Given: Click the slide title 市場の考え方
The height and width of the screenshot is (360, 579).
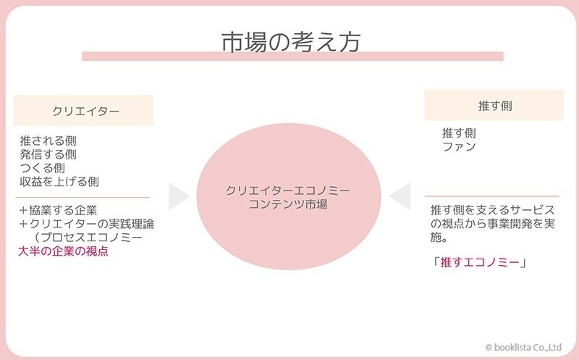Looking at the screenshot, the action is [x=291, y=42].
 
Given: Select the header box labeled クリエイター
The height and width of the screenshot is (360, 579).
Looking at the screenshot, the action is [x=83, y=111].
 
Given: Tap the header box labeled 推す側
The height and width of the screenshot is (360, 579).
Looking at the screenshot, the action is [x=494, y=105].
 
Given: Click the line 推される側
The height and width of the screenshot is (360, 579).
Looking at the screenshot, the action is [x=48, y=141].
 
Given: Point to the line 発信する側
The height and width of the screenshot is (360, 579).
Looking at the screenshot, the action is [x=48, y=154].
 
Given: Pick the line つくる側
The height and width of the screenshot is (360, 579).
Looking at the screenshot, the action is [x=43, y=168].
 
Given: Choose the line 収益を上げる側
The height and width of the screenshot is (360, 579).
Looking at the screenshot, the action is [x=59, y=182].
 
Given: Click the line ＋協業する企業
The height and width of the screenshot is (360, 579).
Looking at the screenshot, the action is [x=58, y=210].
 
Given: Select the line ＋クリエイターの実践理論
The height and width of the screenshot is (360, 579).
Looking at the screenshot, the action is [x=86, y=224].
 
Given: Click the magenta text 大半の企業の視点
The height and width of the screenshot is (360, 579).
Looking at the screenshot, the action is [x=63, y=251].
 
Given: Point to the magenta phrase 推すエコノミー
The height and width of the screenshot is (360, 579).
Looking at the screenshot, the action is [x=480, y=262].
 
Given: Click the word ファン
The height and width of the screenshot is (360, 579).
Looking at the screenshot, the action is [x=459, y=147].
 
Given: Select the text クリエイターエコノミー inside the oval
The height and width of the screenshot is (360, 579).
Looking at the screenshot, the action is [x=287, y=191].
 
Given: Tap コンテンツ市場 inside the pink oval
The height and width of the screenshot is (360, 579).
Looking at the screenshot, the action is [x=288, y=204].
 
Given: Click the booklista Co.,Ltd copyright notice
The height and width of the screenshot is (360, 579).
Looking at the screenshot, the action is [x=523, y=348].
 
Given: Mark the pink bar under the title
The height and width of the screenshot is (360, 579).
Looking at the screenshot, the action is [x=292, y=56].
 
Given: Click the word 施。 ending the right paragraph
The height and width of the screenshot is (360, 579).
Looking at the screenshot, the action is [x=439, y=238].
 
